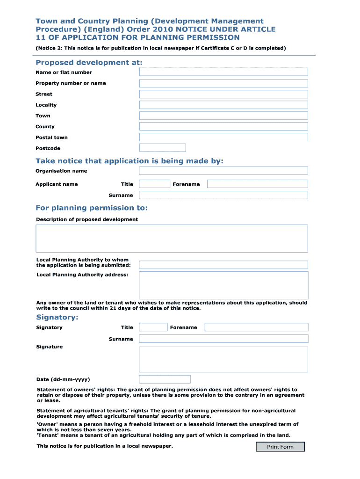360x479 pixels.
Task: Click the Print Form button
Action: (x=280, y=447)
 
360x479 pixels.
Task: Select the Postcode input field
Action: (x=162, y=148)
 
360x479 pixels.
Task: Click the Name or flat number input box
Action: (x=223, y=72)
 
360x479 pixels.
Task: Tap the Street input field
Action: (x=223, y=94)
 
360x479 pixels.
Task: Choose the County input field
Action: (x=223, y=126)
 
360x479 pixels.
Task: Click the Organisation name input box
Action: (x=223, y=171)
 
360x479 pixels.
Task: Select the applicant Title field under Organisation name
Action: (x=154, y=184)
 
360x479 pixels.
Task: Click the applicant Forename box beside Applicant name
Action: (x=257, y=184)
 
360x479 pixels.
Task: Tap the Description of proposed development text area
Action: (x=172, y=238)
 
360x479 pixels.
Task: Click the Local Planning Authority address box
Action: (x=223, y=285)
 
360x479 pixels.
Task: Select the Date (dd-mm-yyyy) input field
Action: (x=165, y=379)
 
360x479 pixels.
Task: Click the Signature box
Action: (x=223, y=359)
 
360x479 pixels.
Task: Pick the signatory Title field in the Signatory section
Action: (x=153, y=327)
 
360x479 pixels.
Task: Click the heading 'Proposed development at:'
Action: (x=89, y=63)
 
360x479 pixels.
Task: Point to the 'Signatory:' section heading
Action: (x=57, y=317)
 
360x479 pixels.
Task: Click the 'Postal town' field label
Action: (x=51, y=138)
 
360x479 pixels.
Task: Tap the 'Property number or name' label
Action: (x=71, y=83)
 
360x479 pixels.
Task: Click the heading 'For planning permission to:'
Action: (x=92, y=208)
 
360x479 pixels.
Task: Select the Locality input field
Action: (x=223, y=105)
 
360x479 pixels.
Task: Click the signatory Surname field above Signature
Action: (x=223, y=339)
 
